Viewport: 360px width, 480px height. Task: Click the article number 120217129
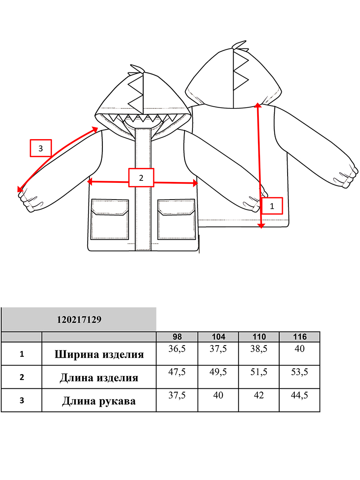[x=79, y=320]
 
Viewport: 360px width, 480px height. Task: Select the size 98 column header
[x=177, y=337]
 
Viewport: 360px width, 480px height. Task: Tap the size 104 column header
[x=218, y=337]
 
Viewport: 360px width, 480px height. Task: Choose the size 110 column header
[x=259, y=337]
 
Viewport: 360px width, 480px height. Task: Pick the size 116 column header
[x=300, y=337]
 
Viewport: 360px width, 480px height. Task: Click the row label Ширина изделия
[x=99, y=355]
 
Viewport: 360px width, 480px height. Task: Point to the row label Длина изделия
[x=99, y=378]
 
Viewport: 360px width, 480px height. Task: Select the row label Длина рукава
[x=99, y=401]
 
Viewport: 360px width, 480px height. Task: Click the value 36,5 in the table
[x=177, y=349]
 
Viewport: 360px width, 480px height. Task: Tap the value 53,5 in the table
[x=300, y=372]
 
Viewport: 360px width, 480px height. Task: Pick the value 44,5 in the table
[x=300, y=395]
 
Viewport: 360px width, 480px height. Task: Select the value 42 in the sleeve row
[x=259, y=395]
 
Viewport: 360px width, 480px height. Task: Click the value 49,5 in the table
[x=218, y=372]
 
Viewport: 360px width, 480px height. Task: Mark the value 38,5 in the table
[x=259, y=349]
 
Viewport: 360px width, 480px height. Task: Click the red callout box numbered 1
[x=272, y=206]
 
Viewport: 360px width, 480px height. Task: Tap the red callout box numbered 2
[x=141, y=178]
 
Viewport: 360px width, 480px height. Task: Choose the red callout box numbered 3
[x=41, y=148]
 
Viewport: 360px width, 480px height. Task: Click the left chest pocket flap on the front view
[x=110, y=207]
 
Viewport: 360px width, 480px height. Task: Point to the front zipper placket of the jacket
[x=143, y=189]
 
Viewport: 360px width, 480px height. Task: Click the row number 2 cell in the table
[x=22, y=377]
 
